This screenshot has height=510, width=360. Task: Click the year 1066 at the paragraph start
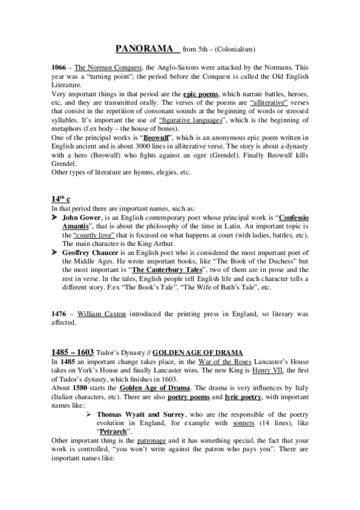point(59,69)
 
